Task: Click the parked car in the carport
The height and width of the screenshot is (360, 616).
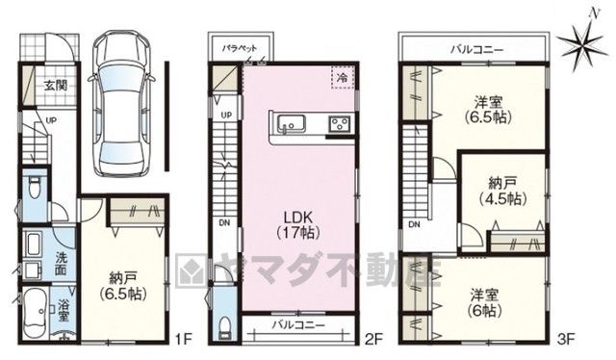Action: pyautogui.click(x=121, y=103)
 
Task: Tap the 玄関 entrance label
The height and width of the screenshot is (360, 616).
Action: pyautogui.click(x=56, y=86)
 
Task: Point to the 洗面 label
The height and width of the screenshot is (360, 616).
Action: pyautogui.click(x=60, y=264)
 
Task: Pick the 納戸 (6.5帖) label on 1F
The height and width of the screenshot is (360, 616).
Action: pyautogui.click(x=123, y=286)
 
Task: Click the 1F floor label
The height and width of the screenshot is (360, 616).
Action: pyautogui.click(x=182, y=338)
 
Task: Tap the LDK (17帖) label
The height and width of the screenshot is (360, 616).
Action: pyautogui.click(x=297, y=225)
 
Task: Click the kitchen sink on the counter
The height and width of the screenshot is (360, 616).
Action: pyautogui.click(x=291, y=123)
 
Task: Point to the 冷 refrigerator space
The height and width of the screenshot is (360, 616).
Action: pyautogui.click(x=343, y=77)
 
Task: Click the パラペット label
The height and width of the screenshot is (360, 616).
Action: pyautogui.click(x=240, y=49)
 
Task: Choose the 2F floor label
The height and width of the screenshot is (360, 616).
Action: pyautogui.click(x=372, y=339)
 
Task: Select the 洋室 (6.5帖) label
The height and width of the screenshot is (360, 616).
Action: pyautogui.click(x=488, y=110)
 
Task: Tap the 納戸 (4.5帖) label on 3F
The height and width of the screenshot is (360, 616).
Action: pyautogui.click(x=502, y=191)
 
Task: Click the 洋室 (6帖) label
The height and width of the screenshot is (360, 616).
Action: pyautogui.click(x=484, y=303)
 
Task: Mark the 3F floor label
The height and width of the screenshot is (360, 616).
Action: pyautogui.click(x=567, y=338)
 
